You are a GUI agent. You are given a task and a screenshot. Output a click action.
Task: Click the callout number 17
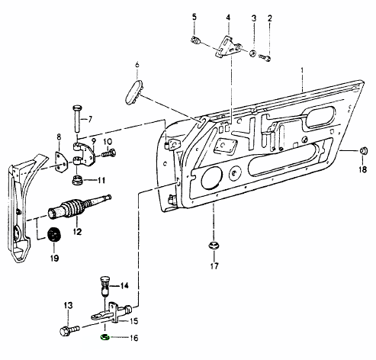[x=214, y=266]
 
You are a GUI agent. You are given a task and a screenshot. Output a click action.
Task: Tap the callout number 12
[x=77, y=232]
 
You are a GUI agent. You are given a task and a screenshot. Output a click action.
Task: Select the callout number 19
[x=54, y=258]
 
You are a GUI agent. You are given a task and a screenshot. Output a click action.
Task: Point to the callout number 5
[x=194, y=18]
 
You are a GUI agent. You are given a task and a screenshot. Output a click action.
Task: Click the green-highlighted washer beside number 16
[x=105, y=337]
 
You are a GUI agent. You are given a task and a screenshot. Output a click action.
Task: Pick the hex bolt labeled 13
[x=69, y=330]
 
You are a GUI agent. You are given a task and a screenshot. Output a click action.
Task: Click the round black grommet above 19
[x=54, y=235]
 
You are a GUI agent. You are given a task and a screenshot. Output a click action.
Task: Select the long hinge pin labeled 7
[x=77, y=118]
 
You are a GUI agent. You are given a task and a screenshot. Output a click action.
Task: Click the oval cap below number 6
[x=134, y=92]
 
